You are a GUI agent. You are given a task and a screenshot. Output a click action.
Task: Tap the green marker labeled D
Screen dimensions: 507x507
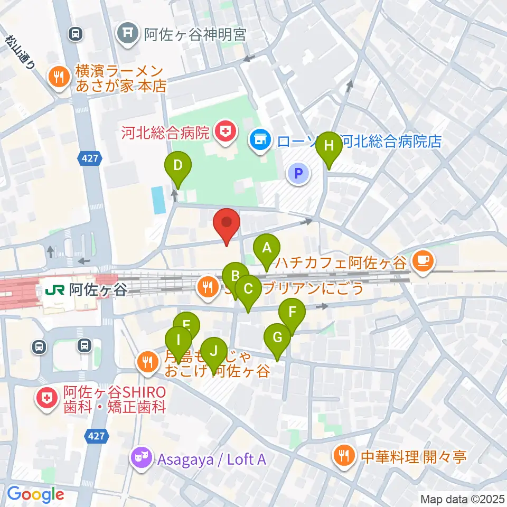tap(178, 166)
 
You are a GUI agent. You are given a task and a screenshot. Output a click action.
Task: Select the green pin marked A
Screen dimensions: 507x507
tap(267, 248)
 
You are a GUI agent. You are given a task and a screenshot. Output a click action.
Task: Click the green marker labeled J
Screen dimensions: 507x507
tap(213, 351)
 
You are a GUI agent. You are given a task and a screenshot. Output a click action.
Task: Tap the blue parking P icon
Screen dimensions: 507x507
tap(298, 173)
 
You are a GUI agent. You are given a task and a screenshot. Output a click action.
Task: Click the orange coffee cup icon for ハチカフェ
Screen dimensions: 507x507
tap(424, 259)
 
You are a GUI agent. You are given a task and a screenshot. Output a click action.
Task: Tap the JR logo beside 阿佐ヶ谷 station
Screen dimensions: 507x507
tap(55, 289)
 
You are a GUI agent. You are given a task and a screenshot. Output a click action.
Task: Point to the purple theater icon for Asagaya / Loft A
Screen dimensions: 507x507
tap(142, 458)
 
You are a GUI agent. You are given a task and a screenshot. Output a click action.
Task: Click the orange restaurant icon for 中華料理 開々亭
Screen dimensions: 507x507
tap(344, 456)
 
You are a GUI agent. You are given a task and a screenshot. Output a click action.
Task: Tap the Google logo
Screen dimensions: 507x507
tap(35, 494)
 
